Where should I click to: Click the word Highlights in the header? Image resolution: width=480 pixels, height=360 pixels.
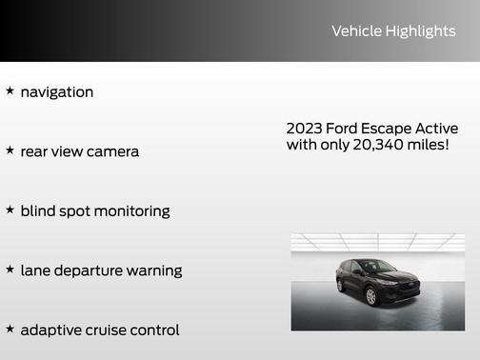coord(421,31)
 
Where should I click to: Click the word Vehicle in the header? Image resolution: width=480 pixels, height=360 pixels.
coord(356,31)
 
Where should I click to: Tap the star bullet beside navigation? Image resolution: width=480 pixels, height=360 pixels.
coord(10,91)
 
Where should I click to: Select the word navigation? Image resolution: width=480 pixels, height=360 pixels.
coord(57,92)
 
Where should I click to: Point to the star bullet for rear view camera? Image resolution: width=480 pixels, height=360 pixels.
coord(10,150)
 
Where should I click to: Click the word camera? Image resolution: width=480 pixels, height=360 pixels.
coord(113,151)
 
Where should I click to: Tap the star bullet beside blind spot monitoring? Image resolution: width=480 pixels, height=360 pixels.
coord(10,210)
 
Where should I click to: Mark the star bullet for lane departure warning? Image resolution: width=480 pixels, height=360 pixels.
coord(10,270)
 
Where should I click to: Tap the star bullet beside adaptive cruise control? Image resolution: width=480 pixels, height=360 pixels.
coord(10,329)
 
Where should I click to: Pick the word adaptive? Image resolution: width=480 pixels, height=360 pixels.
coord(51,330)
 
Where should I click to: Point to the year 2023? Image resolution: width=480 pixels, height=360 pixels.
coord(304,129)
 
